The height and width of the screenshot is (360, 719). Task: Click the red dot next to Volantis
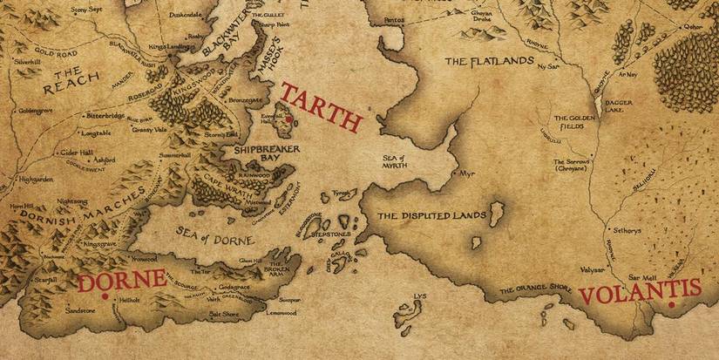672,306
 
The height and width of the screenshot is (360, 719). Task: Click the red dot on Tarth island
290,116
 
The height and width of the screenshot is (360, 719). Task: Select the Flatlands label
482,62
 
